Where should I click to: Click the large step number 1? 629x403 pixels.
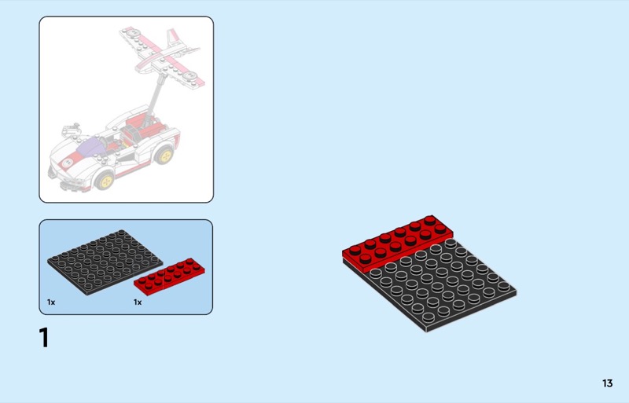44,338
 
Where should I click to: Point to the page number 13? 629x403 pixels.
607,383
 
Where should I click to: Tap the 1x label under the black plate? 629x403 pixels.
51,302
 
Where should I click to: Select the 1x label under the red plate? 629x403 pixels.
138,302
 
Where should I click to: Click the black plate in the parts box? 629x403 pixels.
105,262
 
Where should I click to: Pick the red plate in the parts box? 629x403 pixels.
169,277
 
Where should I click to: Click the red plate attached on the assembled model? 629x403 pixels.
397,244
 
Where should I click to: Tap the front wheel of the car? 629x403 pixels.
105,181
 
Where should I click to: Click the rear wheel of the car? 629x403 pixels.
164,156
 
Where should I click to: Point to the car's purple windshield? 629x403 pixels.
91,147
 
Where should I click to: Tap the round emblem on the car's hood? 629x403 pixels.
67,163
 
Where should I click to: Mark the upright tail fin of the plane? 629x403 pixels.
173,37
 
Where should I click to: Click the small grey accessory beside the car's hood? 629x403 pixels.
71,130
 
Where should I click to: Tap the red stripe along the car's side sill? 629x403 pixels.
136,169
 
